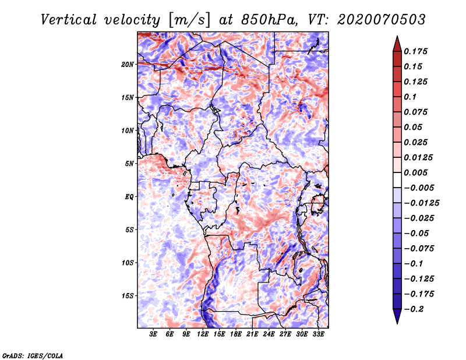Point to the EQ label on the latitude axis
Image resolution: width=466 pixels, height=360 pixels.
pyautogui.click(x=129, y=197)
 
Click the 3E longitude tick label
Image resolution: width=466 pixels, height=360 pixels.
pyautogui.click(x=154, y=334)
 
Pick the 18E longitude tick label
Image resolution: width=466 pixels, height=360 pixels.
pyautogui.click(x=236, y=334)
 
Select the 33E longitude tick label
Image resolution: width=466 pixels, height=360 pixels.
pyautogui.click(x=318, y=334)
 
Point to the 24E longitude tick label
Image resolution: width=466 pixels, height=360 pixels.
pyautogui.click(x=269, y=334)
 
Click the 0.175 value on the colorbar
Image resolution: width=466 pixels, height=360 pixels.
pyautogui.click(x=417, y=51)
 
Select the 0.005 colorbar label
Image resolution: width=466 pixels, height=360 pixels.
pyautogui.click(x=417, y=172)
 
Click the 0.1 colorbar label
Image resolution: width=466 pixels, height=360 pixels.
pyautogui.click(x=411, y=97)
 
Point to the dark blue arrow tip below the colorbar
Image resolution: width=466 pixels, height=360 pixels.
pyautogui.click(x=397, y=319)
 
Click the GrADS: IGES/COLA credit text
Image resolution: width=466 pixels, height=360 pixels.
pyautogui.click(x=32, y=355)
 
